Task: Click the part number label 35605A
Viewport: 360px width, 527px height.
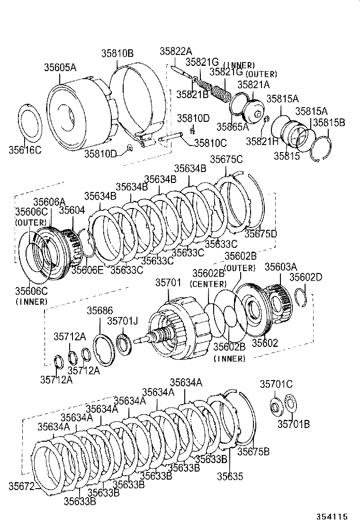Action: [60, 68]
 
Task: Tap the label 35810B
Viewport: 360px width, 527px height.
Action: [117, 54]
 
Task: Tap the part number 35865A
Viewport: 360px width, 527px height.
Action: [233, 127]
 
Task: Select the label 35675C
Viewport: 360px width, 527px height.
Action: [226, 160]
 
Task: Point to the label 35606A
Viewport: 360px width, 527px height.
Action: [49, 202]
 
